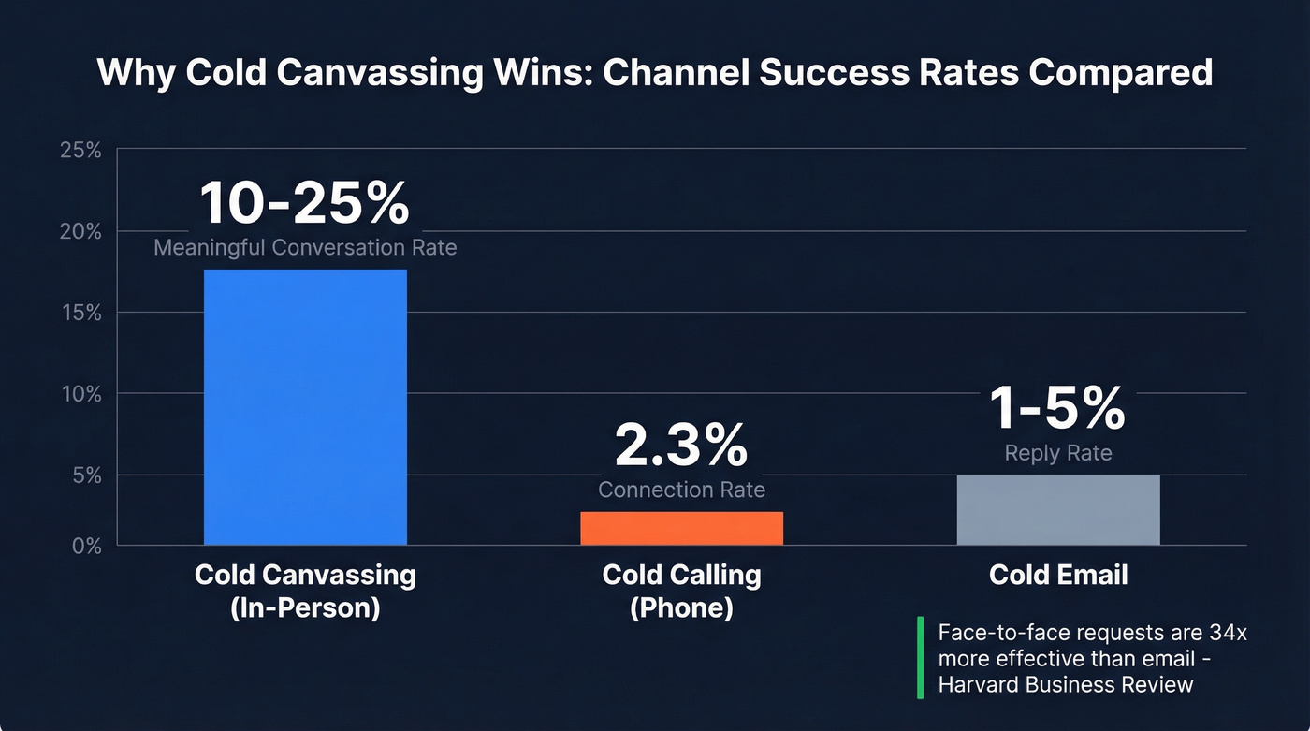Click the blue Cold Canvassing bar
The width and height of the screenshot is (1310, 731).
pos(305,407)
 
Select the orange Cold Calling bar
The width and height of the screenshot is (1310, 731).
pos(681,528)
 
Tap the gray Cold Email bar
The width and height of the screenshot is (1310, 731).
pos(1058,510)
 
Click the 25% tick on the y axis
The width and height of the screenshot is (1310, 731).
pos(80,150)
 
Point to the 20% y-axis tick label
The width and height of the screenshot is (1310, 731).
pos(80,231)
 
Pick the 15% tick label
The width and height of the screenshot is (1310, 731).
pos(80,313)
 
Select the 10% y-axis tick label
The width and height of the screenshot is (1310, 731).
pos(80,394)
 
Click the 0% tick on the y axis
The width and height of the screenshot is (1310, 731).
pos(85,546)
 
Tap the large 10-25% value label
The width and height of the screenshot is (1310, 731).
pos(305,203)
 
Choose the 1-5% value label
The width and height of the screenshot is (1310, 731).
pos(1058,408)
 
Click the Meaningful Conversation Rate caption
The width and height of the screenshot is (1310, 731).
pos(305,248)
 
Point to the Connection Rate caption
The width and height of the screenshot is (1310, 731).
pos(681,490)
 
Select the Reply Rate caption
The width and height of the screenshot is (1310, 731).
pos(1058,453)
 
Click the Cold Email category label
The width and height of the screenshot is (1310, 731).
pos(1058,575)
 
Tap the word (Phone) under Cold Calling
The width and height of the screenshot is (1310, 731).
pos(681,607)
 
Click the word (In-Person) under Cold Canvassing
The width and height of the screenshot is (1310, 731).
pos(305,607)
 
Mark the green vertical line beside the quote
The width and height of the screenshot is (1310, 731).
pos(920,657)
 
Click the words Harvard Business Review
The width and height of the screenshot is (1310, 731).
pos(1066,684)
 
